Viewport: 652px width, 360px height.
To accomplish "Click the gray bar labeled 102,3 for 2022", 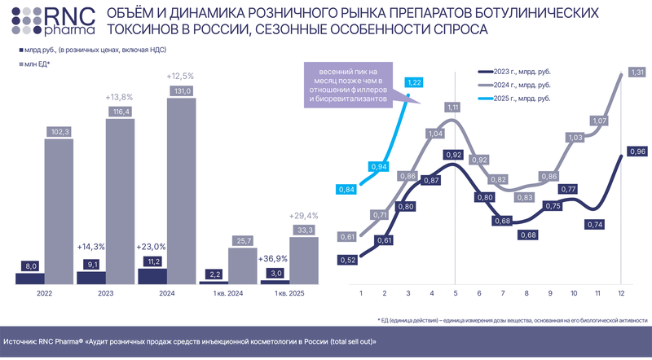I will click(x=60, y=211).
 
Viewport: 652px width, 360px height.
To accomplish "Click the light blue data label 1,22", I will click(x=414, y=83).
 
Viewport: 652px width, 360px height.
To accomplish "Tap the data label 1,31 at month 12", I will click(x=637, y=72).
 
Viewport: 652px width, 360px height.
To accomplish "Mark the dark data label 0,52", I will click(x=347, y=260).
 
